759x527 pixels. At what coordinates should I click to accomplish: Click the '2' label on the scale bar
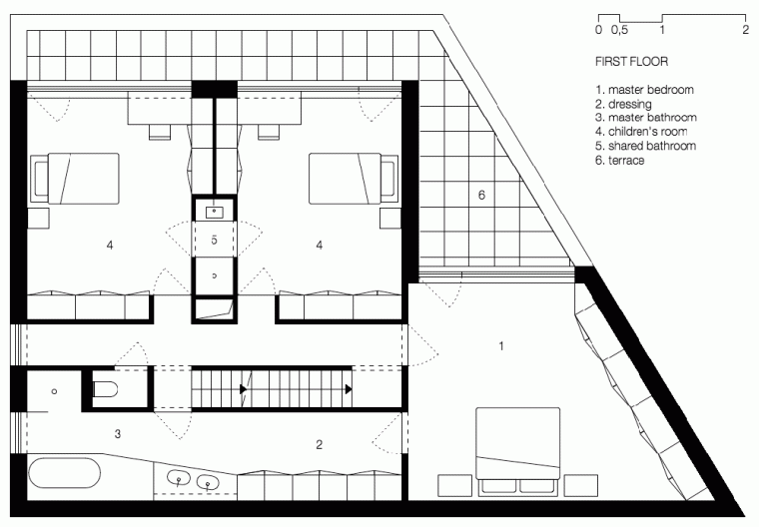(746, 30)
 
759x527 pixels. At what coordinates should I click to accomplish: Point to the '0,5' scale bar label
(621, 30)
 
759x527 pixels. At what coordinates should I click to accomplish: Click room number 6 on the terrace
(481, 196)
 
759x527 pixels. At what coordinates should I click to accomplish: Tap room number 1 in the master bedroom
(501, 346)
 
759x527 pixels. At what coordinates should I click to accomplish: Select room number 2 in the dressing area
(320, 443)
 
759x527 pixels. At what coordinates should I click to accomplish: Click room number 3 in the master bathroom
(117, 433)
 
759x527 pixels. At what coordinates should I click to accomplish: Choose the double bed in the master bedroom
(516, 450)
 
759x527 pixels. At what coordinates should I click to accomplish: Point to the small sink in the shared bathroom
(215, 211)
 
